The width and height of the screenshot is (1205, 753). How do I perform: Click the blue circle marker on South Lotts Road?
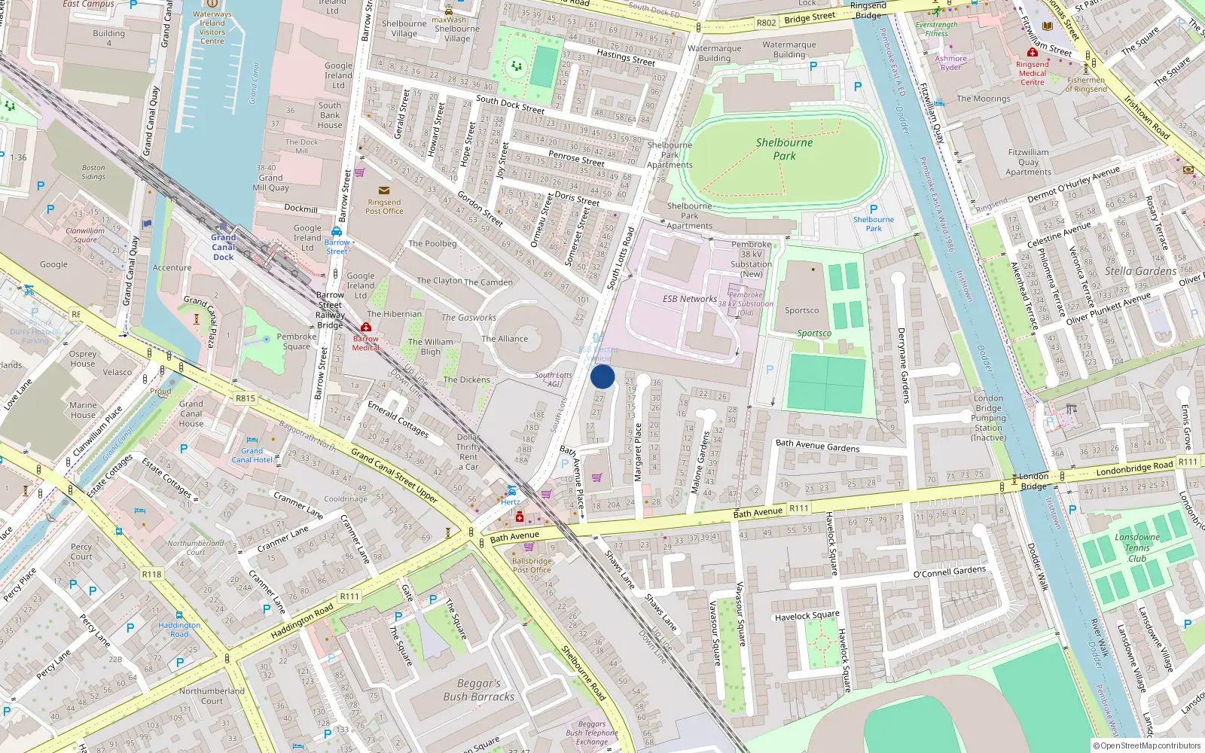(x=602, y=376)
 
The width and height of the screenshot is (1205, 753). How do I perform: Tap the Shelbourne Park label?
(x=784, y=149)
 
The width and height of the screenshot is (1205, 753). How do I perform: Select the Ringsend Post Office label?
(x=384, y=206)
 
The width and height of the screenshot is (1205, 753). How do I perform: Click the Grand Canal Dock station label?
(x=223, y=247)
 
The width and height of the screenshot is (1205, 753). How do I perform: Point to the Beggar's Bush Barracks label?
(x=478, y=690)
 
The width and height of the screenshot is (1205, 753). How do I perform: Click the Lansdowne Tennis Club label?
(x=1136, y=547)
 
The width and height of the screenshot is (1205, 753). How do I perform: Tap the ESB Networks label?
(x=689, y=299)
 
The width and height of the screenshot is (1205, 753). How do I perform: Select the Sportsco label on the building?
(x=801, y=310)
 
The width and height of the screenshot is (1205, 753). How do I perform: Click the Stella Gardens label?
(x=1140, y=271)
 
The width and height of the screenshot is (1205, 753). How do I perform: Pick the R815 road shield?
(x=246, y=398)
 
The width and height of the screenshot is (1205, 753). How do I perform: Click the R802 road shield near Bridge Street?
(x=766, y=23)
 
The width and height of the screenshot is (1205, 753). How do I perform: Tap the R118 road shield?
(x=151, y=574)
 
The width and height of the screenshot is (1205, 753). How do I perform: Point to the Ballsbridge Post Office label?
(x=532, y=566)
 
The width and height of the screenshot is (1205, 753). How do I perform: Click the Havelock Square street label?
(x=807, y=616)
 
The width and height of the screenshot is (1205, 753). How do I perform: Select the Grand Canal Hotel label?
(x=252, y=456)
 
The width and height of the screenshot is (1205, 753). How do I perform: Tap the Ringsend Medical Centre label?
(x=1032, y=73)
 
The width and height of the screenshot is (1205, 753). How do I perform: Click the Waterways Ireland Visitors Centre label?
(x=212, y=27)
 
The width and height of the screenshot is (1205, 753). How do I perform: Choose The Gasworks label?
(x=468, y=318)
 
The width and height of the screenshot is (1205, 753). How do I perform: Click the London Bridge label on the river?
(x=1033, y=480)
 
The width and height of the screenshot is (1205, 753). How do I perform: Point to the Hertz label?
(x=510, y=501)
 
